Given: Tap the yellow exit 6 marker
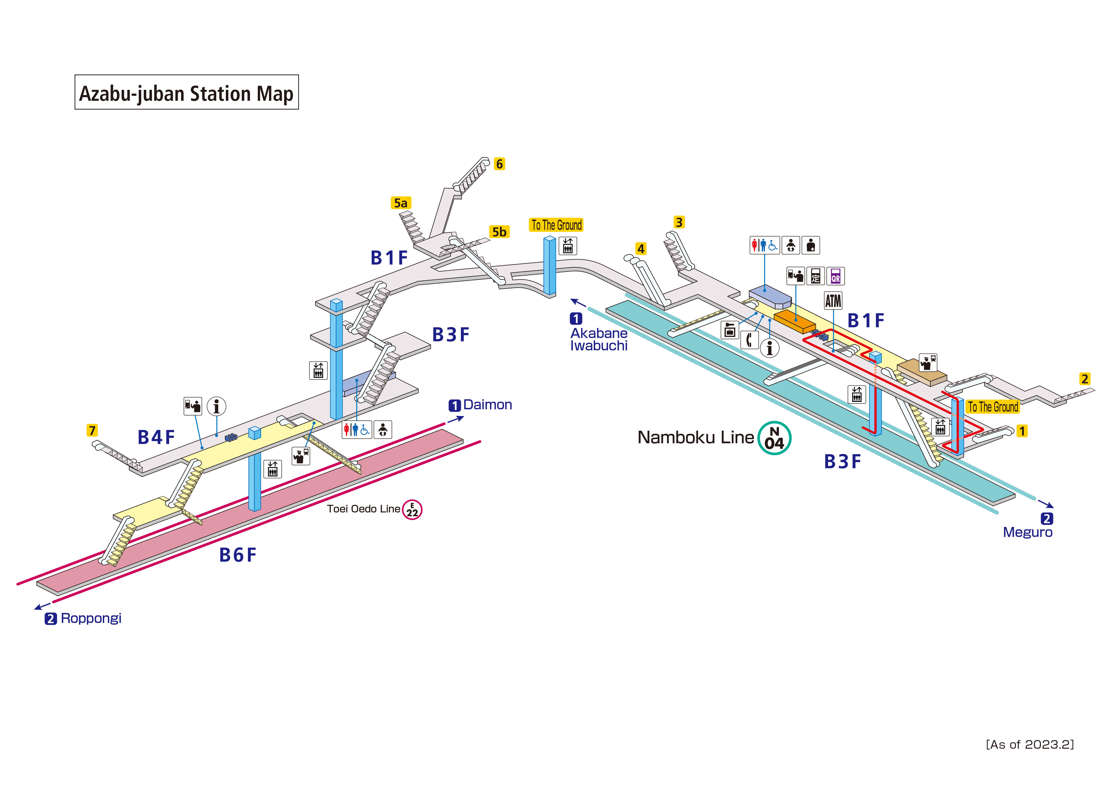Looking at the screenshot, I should coord(499,164).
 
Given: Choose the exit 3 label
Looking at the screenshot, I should coord(679,222).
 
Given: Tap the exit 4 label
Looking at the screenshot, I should coord(641,249).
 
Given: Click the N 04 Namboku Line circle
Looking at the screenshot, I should coord(774,438).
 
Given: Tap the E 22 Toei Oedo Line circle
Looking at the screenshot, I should coord(412,510).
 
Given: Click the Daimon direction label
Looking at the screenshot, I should coord(487,405).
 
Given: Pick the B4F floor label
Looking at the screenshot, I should coord(156,437).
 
